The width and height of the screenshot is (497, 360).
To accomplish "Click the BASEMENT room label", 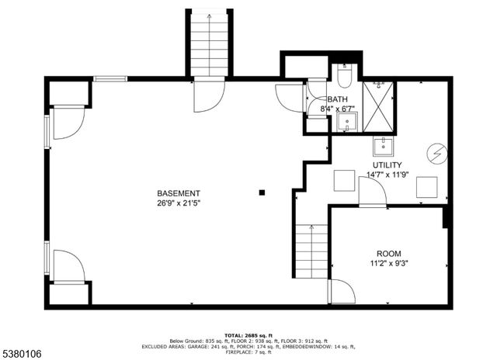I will [x=179, y=193].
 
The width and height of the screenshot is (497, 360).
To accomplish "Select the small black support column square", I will [x=262, y=192].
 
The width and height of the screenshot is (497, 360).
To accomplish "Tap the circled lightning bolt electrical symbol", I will [x=437, y=153].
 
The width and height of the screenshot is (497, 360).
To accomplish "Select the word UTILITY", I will [x=387, y=165].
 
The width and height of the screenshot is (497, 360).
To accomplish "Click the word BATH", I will [x=337, y=99].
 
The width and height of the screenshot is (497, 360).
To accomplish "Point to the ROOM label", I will [x=389, y=254].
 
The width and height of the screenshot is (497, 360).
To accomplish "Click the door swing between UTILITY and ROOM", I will [x=372, y=193].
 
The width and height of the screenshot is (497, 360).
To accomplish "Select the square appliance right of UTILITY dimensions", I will [x=426, y=187].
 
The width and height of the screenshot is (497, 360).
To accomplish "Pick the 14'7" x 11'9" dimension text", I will [x=387, y=175].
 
